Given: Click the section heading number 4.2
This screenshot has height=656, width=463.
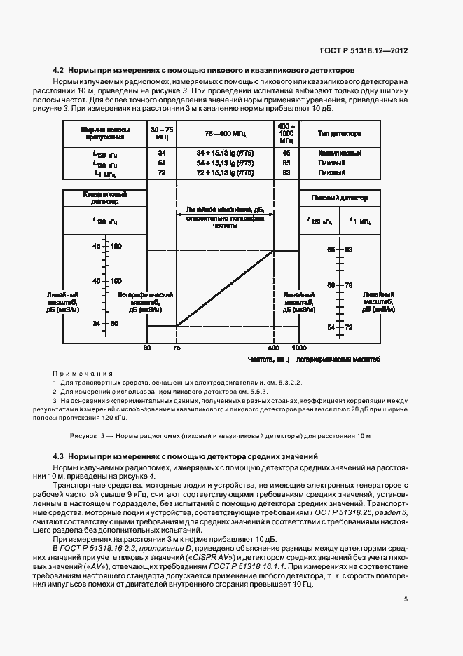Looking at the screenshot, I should coord(58,71).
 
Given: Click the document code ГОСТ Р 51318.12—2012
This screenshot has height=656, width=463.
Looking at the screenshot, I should coord(367,50).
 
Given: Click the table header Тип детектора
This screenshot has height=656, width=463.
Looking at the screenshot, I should coord(339,132).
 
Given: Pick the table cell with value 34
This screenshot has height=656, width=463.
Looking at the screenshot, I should coord(162,152).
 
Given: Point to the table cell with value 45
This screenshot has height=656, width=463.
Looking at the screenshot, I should coord(286,152).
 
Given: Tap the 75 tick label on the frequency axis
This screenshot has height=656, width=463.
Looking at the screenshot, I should coord(177,347).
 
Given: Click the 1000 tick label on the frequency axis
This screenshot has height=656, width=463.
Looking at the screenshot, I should coord(299,347).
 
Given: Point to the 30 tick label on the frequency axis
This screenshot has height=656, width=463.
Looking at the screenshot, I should coord(147,347).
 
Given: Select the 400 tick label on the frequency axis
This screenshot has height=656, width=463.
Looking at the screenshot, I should coord(273,347).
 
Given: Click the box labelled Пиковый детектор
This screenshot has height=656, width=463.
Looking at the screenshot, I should coord(339,198).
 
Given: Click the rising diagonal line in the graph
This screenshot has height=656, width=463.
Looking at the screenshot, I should coord(224,288).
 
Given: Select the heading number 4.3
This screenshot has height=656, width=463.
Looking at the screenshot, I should coord(58,456).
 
